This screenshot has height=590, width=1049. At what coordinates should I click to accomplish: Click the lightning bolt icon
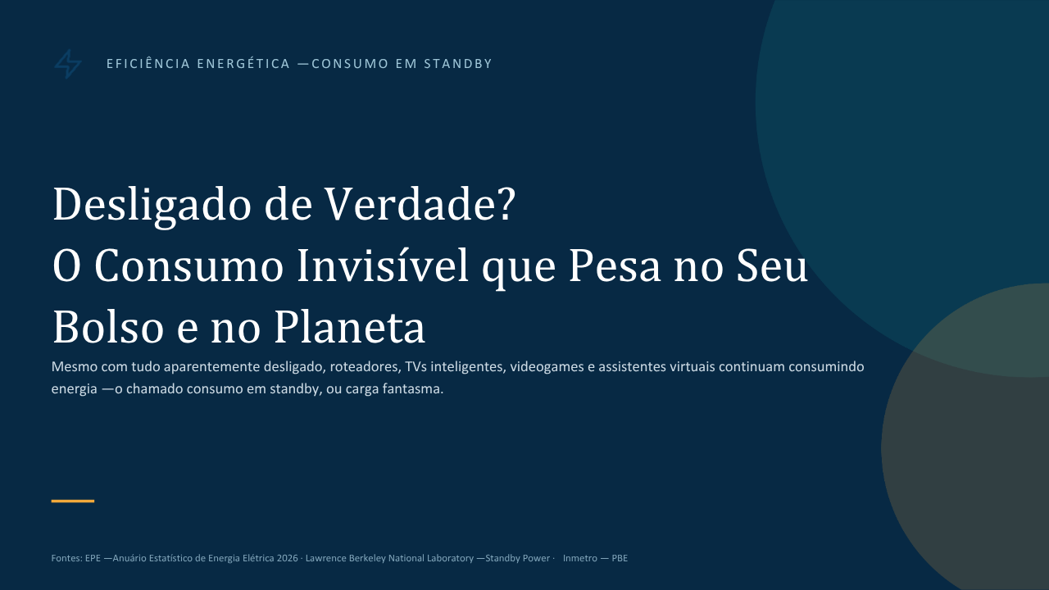68,64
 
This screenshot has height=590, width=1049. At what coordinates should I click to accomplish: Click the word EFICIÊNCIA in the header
148,63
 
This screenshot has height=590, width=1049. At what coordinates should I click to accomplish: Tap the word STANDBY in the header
457,64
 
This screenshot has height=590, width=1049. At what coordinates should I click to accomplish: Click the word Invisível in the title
383,265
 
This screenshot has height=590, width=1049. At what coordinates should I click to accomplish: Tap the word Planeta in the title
349,326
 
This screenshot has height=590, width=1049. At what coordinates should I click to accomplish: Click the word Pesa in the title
615,266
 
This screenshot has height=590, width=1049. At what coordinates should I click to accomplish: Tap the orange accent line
73,501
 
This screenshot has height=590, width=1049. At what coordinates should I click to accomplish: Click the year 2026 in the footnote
287,558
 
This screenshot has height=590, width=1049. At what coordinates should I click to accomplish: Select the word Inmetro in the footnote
580,558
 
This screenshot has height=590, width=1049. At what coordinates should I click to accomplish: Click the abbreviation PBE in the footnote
620,558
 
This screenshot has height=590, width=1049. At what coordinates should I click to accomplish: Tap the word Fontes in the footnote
67,558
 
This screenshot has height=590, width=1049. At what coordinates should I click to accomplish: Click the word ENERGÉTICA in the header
243,63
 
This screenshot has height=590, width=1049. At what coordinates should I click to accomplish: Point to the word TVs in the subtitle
416,366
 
